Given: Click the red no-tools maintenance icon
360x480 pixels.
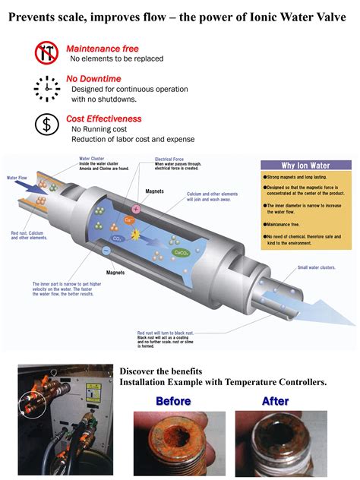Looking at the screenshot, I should (x=46, y=53).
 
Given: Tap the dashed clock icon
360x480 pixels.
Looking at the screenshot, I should (x=46, y=88).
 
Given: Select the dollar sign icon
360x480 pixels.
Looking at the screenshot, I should (x=46, y=124).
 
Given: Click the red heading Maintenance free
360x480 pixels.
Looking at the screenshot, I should (x=102, y=49).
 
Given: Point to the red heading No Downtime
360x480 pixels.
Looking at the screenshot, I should (x=93, y=78).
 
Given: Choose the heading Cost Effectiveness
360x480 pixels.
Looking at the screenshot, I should (x=104, y=118).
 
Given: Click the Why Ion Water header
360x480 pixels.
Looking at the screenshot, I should (x=305, y=166).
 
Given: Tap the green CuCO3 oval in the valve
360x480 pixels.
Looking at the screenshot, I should (x=181, y=232).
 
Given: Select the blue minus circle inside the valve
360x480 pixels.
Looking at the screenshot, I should (x=106, y=251).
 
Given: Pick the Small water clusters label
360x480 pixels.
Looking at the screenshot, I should (x=316, y=267).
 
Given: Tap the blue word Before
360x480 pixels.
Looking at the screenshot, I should (x=174, y=401).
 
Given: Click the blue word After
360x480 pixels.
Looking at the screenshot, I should (x=275, y=401).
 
